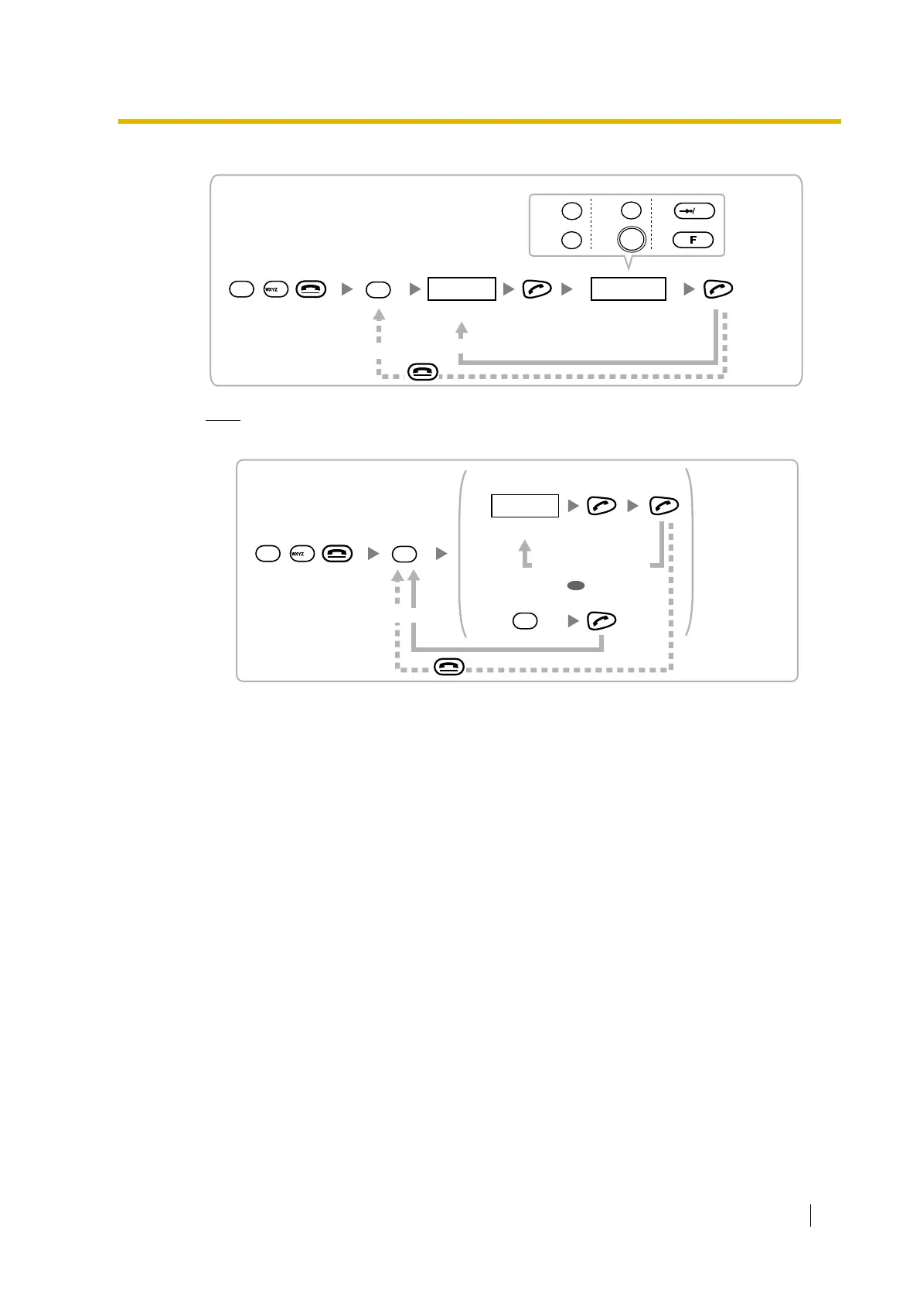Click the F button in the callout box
[x=693, y=240]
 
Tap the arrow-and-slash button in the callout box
[x=693, y=210]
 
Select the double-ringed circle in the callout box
[x=632, y=240]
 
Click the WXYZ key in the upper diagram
[x=275, y=289]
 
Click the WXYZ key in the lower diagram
[x=301, y=554]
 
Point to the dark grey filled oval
[x=575, y=586]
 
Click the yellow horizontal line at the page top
[x=479, y=121]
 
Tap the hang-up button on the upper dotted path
[x=423, y=372]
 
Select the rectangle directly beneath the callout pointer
[x=628, y=289]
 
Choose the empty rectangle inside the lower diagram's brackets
[x=525, y=506]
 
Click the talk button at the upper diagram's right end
[x=718, y=289]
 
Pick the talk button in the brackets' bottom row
[x=602, y=620]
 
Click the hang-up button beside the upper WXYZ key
[x=311, y=289]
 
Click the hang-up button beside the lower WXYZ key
[x=337, y=554]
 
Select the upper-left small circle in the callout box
[x=571, y=210]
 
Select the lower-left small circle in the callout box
[x=571, y=240]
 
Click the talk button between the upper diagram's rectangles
[x=537, y=289]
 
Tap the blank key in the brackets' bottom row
[x=525, y=620]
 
